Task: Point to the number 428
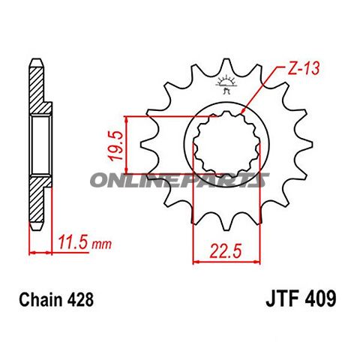pos(79,301)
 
